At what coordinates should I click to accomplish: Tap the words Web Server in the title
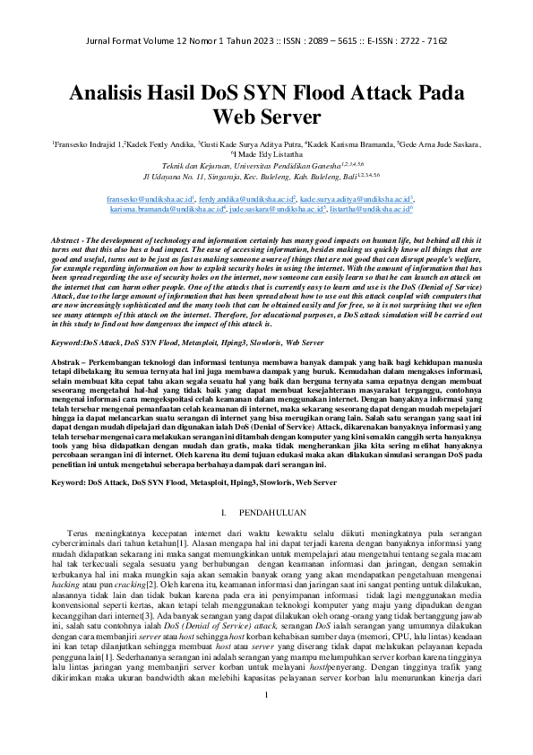click(x=266, y=117)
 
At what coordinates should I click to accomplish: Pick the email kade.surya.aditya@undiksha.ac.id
click(x=356, y=196)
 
